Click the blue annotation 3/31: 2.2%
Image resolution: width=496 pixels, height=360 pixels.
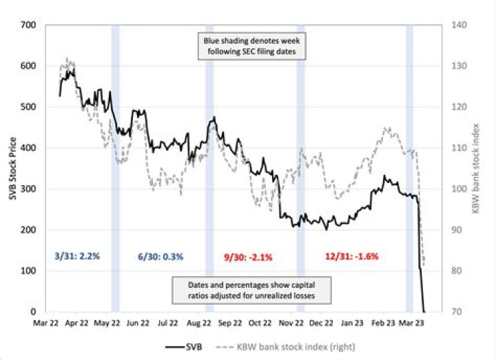(x=77, y=256)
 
